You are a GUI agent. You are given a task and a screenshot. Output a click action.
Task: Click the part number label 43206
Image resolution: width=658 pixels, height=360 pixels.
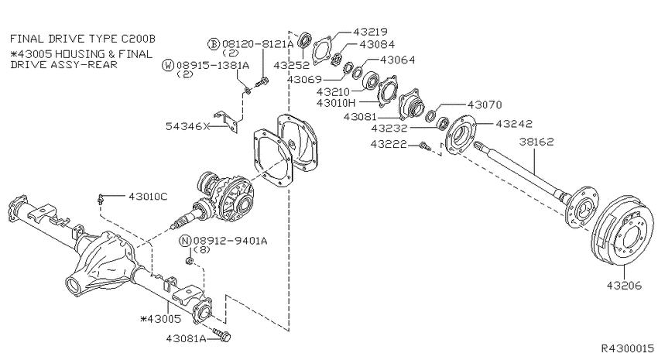coord(624,286)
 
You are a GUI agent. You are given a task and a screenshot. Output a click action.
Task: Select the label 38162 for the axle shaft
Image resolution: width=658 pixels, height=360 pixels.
coord(536,142)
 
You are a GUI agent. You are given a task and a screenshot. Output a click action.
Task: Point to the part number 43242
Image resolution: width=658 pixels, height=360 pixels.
coord(514,123)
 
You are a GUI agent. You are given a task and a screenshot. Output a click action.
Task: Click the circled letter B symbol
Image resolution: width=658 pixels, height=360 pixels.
coord(214,43)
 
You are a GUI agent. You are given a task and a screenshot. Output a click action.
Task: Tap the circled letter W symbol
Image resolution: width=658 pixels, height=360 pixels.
coord(168,65)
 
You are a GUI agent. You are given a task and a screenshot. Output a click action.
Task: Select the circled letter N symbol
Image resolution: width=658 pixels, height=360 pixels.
coord(186,241)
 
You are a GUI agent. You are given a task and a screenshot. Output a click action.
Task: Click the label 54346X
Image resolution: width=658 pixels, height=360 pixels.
coord(187,126)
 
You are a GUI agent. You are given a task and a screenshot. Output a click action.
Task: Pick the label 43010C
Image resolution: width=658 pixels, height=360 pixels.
coord(148,196)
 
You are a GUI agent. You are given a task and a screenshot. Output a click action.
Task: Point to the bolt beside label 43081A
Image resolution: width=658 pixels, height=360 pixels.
coord(222,334)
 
